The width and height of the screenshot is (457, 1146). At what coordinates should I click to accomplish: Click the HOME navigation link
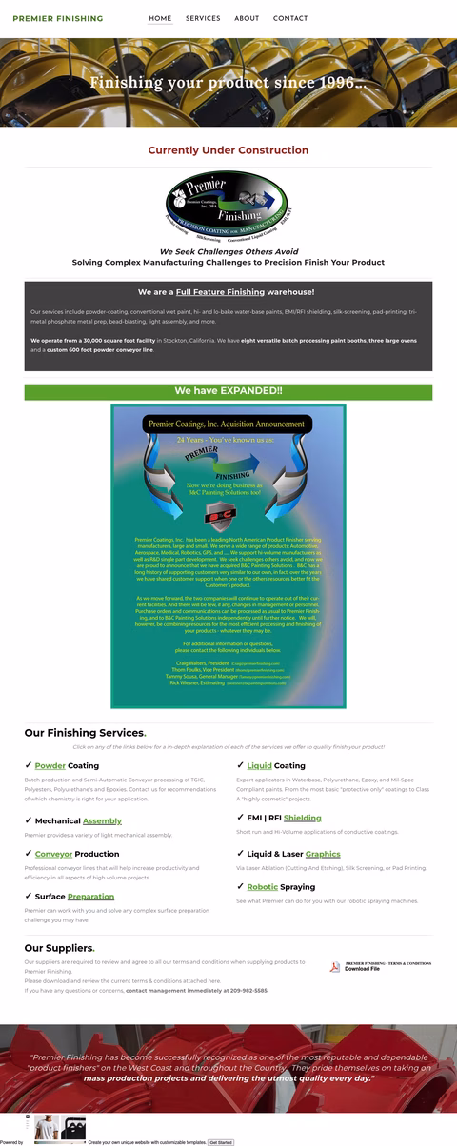pyautogui.click(x=160, y=18)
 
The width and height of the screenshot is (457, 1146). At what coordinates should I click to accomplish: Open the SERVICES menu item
pyautogui.click(x=203, y=18)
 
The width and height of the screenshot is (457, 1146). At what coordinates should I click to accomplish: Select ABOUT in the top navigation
pyautogui.click(x=247, y=18)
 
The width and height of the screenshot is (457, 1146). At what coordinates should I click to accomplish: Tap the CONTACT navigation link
pyautogui.click(x=290, y=18)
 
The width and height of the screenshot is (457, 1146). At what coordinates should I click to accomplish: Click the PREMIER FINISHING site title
pyautogui.click(x=58, y=18)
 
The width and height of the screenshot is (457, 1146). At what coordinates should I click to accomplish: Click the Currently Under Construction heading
pyautogui.click(x=228, y=150)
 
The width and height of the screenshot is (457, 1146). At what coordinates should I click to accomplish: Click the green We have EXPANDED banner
pyautogui.click(x=228, y=391)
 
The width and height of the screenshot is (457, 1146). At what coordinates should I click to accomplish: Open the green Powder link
pyautogui.click(x=50, y=765)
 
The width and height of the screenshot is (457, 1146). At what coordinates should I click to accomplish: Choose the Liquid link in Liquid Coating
pyautogui.click(x=260, y=765)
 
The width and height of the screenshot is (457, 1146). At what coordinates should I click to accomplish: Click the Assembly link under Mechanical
pyautogui.click(x=102, y=820)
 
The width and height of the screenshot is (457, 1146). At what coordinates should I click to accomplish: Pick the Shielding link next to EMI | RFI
pyautogui.click(x=302, y=818)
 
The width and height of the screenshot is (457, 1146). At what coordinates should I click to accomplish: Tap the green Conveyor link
pyautogui.click(x=53, y=854)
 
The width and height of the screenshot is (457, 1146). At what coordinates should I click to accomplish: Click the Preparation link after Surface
pyautogui.click(x=90, y=897)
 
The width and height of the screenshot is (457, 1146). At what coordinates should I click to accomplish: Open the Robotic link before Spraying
pyautogui.click(x=263, y=887)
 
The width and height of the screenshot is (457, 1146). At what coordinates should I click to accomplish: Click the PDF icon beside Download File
pyautogui.click(x=335, y=967)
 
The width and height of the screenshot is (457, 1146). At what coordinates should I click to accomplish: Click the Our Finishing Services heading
pyautogui.click(x=84, y=733)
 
